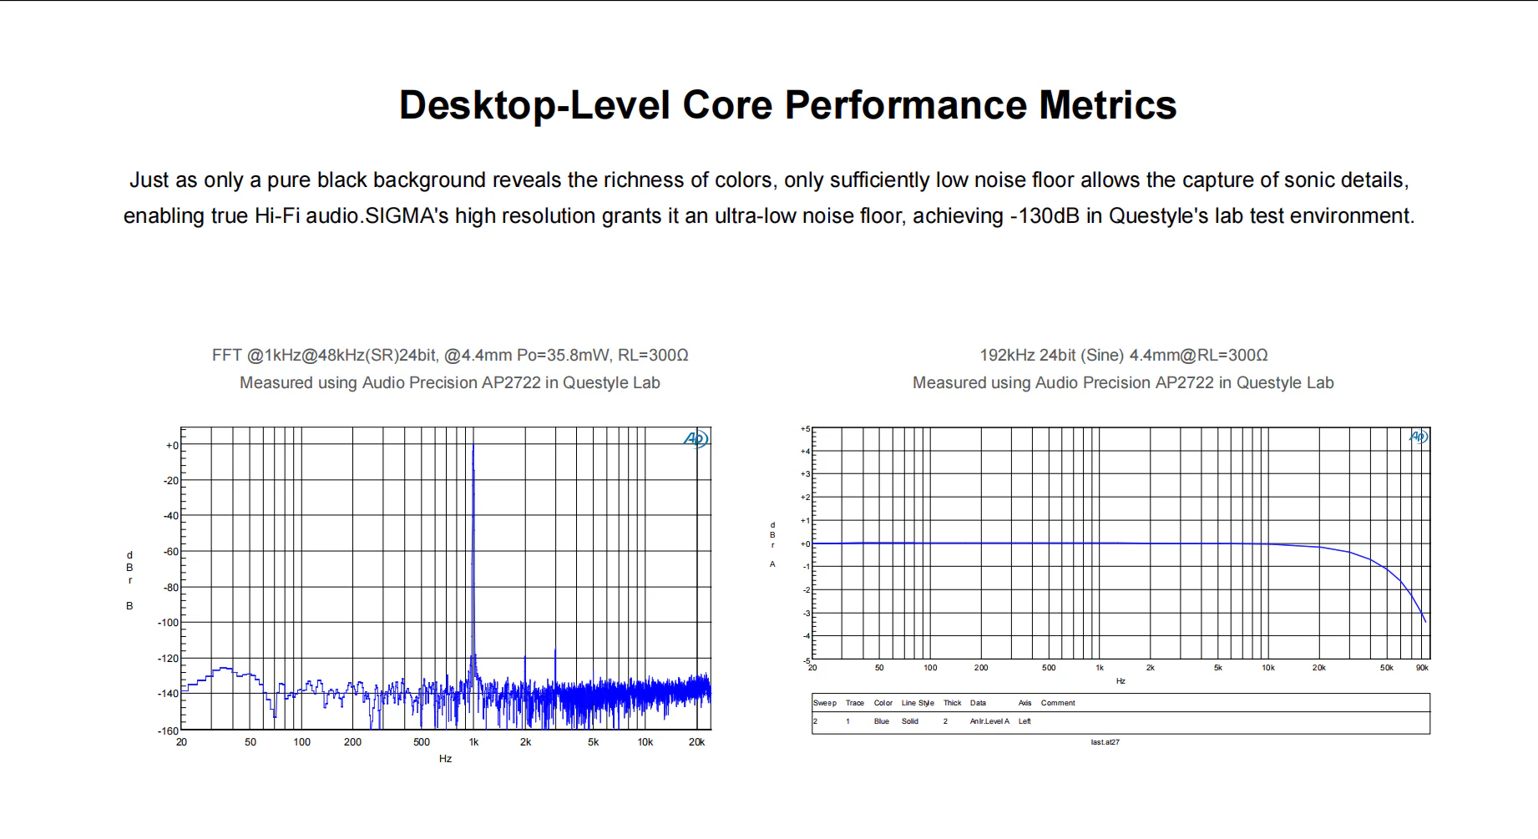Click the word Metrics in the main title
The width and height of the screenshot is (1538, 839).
coord(1107,106)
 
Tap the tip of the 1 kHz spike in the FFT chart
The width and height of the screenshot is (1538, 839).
coord(473,447)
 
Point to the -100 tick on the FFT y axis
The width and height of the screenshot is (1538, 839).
coord(168,623)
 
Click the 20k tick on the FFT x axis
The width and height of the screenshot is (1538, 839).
coord(696,742)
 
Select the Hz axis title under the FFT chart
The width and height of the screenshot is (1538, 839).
coord(445,759)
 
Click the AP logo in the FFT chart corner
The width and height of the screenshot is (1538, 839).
coord(696,439)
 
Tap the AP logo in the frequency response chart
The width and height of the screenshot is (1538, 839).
coord(1419,437)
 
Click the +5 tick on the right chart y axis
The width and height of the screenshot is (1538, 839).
coord(805,429)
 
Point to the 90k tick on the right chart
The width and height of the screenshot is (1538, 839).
coord(1422,668)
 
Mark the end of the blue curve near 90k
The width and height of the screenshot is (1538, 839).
coord(1425,621)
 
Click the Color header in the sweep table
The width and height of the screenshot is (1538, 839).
coord(883,703)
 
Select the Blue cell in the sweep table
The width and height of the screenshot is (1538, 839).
coord(881,721)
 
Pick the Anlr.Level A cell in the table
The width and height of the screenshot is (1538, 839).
coord(989,721)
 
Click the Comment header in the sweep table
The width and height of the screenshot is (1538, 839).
coord(1058,703)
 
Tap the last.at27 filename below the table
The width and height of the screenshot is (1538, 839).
coord(1105,742)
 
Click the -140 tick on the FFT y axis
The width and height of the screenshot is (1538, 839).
coord(168,694)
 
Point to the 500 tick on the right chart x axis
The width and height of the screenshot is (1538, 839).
coord(1049,668)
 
